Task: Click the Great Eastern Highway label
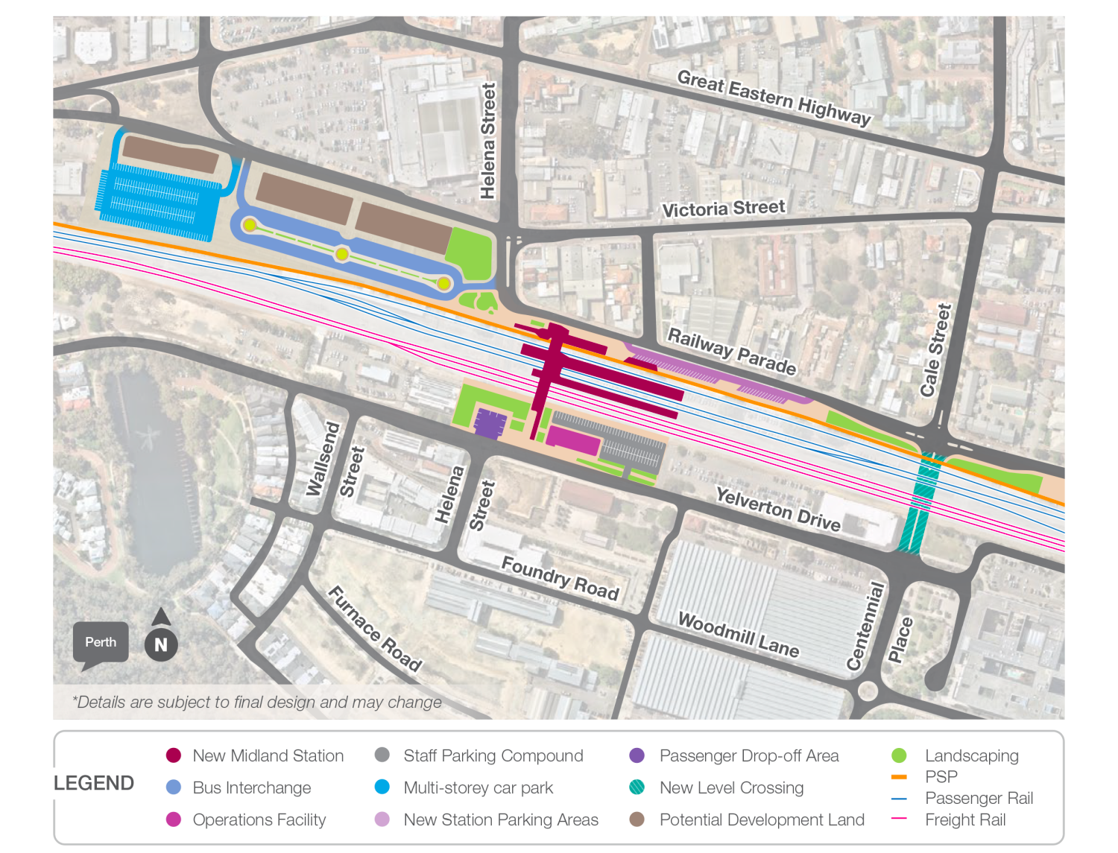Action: click(x=774, y=98)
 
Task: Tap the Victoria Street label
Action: click(x=724, y=209)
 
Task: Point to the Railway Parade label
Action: click(x=731, y=351)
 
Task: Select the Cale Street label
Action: click(x=935, y=350)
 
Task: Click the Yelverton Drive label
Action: click(x=777, y=509)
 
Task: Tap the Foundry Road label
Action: click(x=560, y=578)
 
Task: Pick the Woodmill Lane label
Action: click(x=738, y=635)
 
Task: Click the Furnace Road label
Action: click(x=375, y=628)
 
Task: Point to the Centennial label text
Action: click(x=865, y=626)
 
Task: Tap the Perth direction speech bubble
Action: click(x=101, y=643)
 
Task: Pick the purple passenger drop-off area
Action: click(x=490, y=423)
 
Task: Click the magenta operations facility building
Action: click(x=573, y=440)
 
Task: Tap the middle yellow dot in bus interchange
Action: click(x=342, y=254)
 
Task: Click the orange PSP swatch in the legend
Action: click(x=899, y=777)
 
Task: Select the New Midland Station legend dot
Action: click(x=174, y=755)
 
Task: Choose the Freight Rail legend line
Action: click(x=899, y=819)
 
